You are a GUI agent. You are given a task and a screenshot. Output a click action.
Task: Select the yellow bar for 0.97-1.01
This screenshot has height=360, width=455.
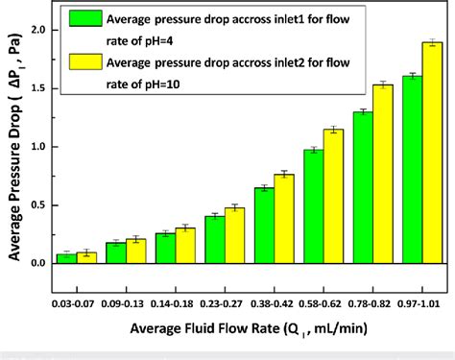click(x=432, y=154)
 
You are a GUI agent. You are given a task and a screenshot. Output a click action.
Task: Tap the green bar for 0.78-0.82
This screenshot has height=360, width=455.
click(x=363, y=188)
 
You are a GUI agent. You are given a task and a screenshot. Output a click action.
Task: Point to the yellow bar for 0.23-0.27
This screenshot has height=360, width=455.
click(x=234, y=235)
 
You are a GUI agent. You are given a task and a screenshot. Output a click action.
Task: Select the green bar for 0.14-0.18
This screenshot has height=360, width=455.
click(x=164, y=249)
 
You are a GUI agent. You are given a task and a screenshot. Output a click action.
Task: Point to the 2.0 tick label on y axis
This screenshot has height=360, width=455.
click(x=39, y=30)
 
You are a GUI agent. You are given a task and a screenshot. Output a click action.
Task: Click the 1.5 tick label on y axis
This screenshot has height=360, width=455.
click(x=39, y=88)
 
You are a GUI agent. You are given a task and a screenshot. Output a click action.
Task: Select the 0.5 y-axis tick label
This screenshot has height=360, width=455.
click(x=39, y=205)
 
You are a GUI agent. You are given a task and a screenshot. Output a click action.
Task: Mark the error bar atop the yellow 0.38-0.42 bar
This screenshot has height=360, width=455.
click(x=284, y=174)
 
